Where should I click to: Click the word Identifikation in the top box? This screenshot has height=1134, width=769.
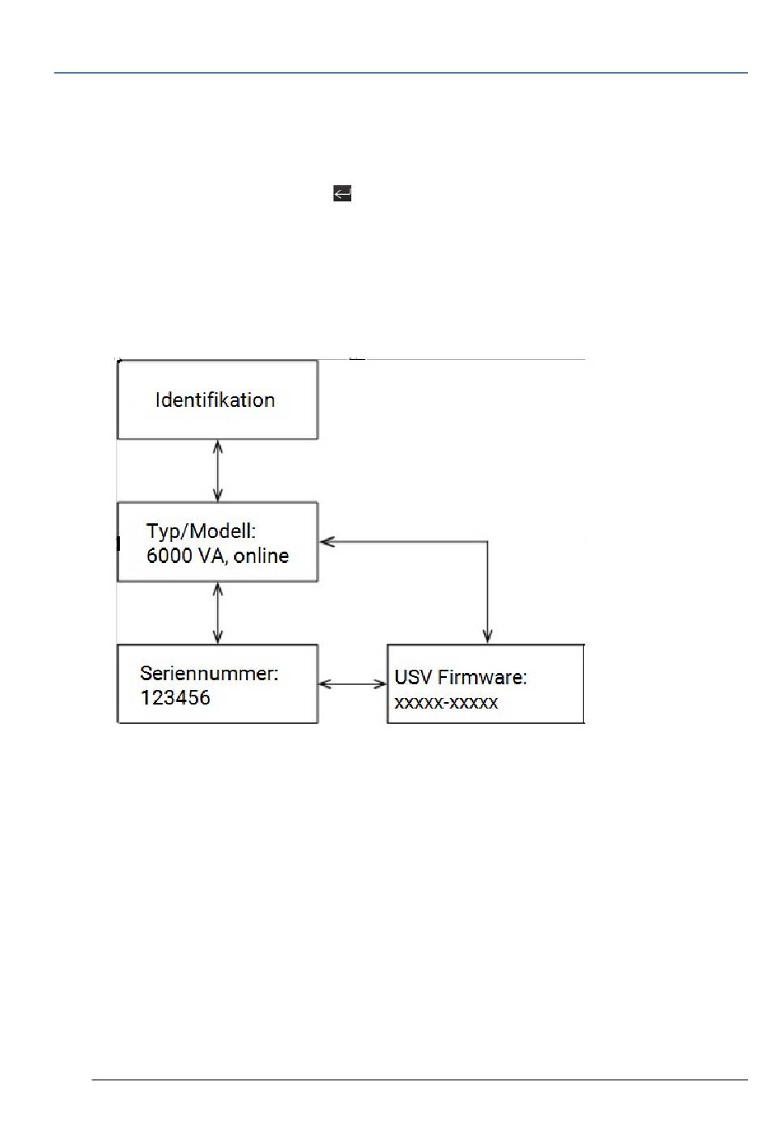pyautogui.click(x=215, y=400)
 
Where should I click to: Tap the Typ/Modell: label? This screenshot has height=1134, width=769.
pyautogui.click(x=201, y=531)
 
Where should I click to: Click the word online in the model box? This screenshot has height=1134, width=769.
pyautogui.click(x=261, y=556)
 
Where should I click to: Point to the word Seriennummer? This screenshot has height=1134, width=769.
pyautogui.click(x=209, y=673)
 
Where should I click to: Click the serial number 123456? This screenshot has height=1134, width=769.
pyautogui.click(x=175, y=697)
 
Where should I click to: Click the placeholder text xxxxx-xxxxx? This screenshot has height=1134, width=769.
pyautogui.click(x=446, y=702)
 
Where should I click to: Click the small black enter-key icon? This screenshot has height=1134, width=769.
pyautogui.click(x=342, y=193)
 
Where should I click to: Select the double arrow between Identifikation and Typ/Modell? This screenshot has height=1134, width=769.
pyautogui.click(x=217, y=471)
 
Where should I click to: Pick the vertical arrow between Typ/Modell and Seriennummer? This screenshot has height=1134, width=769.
pyautogui.click(x=217, y=613)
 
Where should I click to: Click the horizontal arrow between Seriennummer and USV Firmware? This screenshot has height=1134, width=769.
pyautogui.click(x=352, y=684)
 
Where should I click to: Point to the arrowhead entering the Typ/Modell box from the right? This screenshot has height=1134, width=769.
pyautogui.click(x=325, y=542)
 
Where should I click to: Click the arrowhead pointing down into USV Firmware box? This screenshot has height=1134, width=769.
pyautogui.click(x=486, y=637)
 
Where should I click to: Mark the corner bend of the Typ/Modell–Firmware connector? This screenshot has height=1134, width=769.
pyautogui.click(x=486, y=542)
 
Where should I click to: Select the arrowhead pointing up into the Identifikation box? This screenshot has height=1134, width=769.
pyautogui.click(x=217, y=446)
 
